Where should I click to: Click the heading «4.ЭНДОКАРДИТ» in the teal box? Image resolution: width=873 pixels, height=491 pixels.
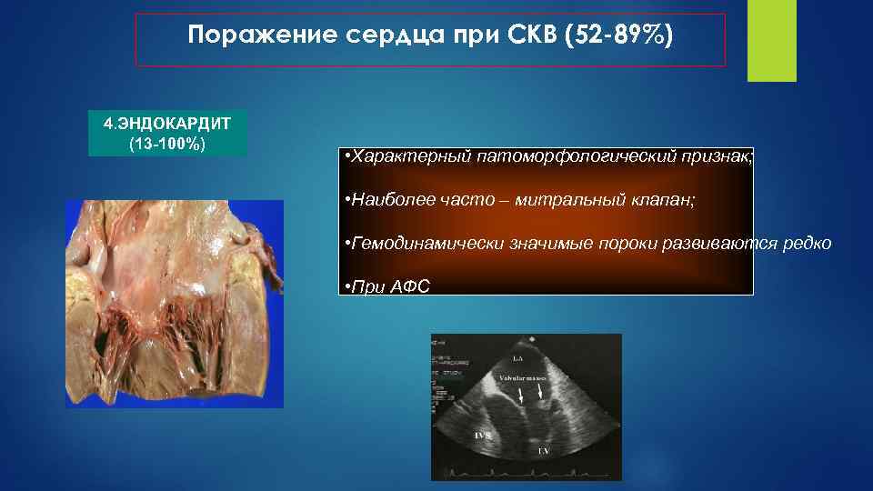[x=167, y=123]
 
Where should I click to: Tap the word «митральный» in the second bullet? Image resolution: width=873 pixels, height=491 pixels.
[x=566, y=200]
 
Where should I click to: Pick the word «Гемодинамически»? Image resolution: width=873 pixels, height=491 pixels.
[x=424, y=244]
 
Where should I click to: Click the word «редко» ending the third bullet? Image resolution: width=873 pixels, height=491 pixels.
[x=805, y=244]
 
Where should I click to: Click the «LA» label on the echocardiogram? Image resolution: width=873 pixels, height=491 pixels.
[x=517, y=359]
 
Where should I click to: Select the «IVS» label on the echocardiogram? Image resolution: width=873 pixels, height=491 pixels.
[x=483, y=436]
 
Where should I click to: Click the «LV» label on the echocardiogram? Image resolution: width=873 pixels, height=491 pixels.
[x=543, y=450]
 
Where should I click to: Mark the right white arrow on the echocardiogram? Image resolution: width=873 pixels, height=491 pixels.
[x=542, y=392]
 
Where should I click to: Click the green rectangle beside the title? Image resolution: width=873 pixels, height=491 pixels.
[x=771, y=40]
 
